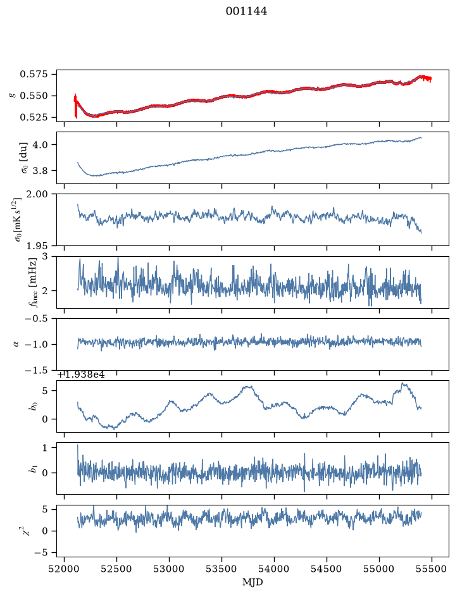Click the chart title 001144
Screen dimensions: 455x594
(x=246, y=11)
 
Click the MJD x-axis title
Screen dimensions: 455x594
(x=252, y=582)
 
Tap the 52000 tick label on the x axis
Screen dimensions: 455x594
(x=64, y=569)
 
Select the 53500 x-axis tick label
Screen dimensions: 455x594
(x=221, y=569)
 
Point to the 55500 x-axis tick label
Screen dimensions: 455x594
(x=432, y=569)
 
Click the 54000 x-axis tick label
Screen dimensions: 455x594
(x=274, y=569)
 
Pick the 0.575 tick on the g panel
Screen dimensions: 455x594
(x=34, y=74)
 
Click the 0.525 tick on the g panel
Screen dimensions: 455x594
(x=34, y=118)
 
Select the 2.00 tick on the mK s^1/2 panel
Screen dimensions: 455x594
(x=37, y=194)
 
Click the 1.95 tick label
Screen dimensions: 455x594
(x=37, y=246)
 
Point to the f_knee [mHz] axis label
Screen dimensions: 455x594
(x=34, y=282)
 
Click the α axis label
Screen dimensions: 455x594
(x=16, y=344)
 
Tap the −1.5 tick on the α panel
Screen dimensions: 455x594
(x=37, y=370)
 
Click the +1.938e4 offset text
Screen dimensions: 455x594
(x=81, y=374)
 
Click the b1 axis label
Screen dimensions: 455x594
(x=34, y=469)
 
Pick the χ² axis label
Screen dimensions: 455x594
(x=24, y=531)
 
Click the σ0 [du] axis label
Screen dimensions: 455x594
(x=24, y=158)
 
